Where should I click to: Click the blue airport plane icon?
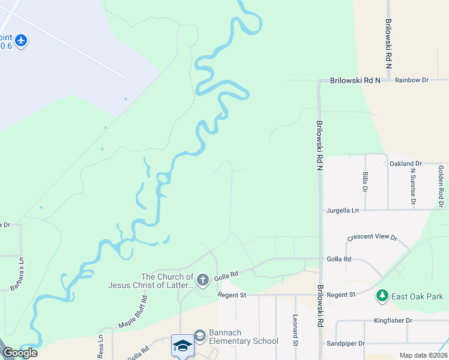tap(22, 40)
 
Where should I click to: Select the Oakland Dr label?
tap(406, 163)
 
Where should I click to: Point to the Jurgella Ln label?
tap(342, 211)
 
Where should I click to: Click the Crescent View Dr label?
tap(372, 238)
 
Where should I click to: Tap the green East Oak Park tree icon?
tap(382, 296)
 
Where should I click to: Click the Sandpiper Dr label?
tap(345, 344)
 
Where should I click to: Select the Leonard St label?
tap(295, 331)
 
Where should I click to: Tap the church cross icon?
tap(203, 280)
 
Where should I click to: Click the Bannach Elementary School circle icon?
tap(199, 335)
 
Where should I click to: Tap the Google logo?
tap(19, 353)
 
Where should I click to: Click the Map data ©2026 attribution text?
tap(423, 355)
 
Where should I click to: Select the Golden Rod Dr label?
tap(441, 187)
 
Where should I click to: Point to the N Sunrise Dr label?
tap(413, 187)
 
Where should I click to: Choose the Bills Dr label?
tap(365, 182)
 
